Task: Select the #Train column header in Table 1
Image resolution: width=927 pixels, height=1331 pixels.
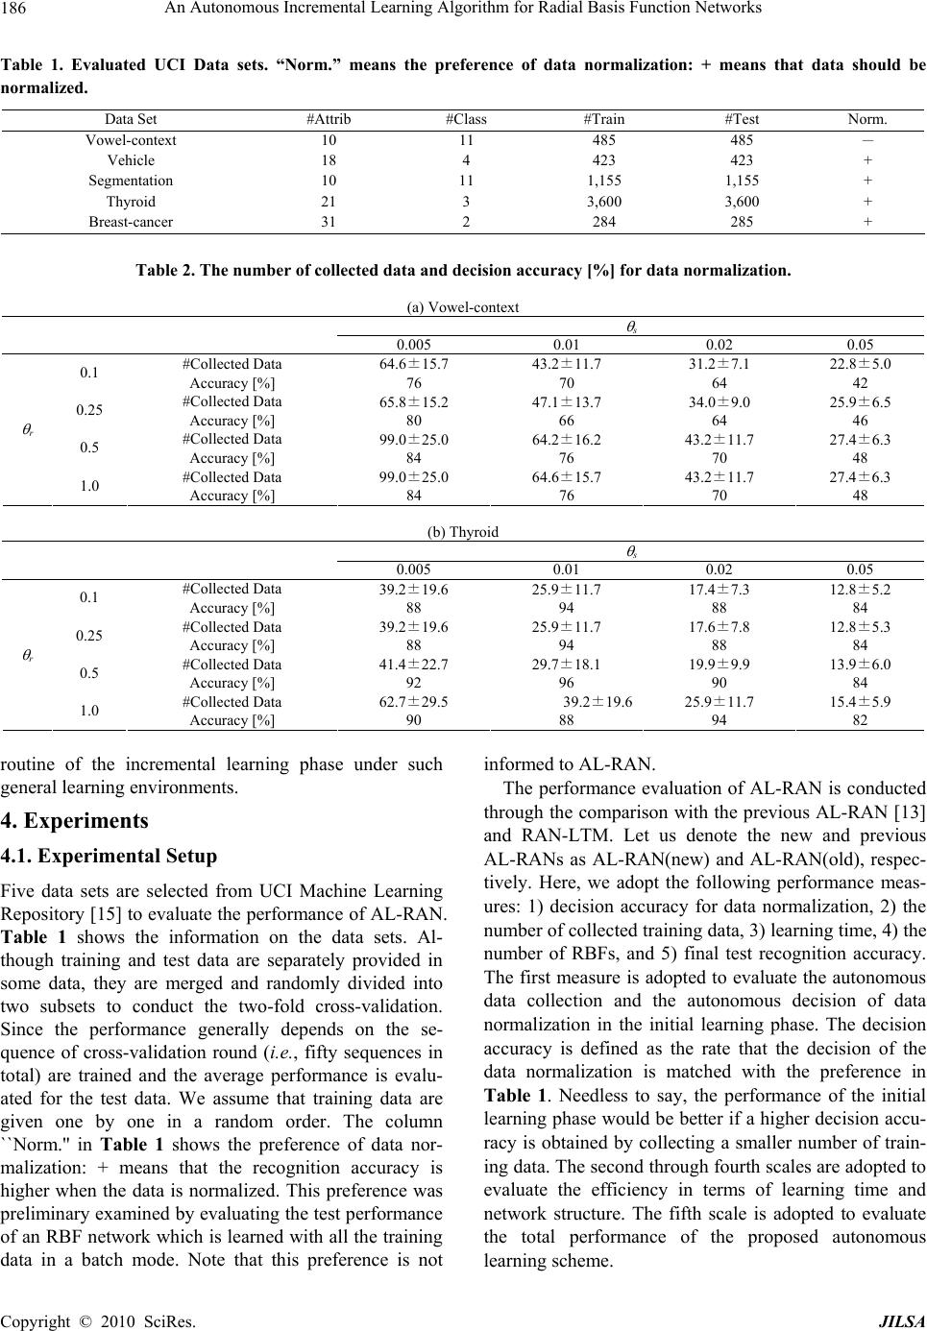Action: coord(603,120)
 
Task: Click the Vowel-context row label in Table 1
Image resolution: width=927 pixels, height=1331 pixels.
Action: coord(131,140)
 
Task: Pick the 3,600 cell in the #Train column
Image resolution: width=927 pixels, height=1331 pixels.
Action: coord(603,202)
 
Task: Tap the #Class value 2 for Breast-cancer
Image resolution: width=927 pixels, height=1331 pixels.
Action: coord(466,222)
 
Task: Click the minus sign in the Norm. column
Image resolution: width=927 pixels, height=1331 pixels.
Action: coord(867,140)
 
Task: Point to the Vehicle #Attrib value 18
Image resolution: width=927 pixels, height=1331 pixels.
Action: coord(329,160)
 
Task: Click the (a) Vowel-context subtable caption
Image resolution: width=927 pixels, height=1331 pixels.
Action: coord(463,307)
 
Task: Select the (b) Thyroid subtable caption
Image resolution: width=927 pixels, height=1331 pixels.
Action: coord(463,532)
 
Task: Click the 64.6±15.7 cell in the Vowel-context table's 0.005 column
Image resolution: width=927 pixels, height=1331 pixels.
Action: coord(414,365)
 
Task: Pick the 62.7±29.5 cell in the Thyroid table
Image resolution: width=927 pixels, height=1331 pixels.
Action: coord(414,702)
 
